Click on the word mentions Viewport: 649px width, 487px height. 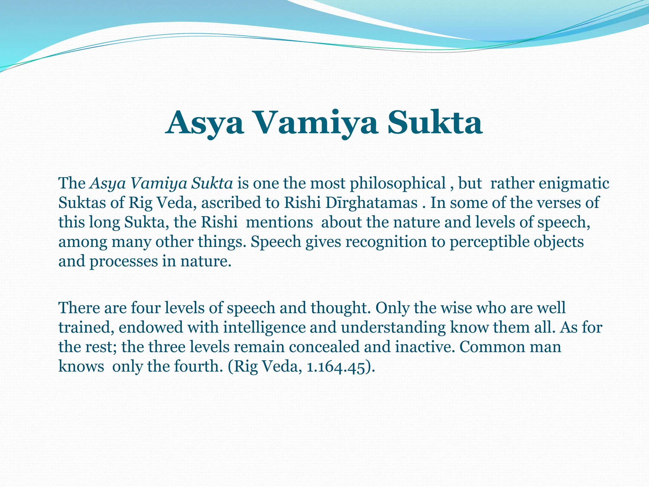tap(279, 222)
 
